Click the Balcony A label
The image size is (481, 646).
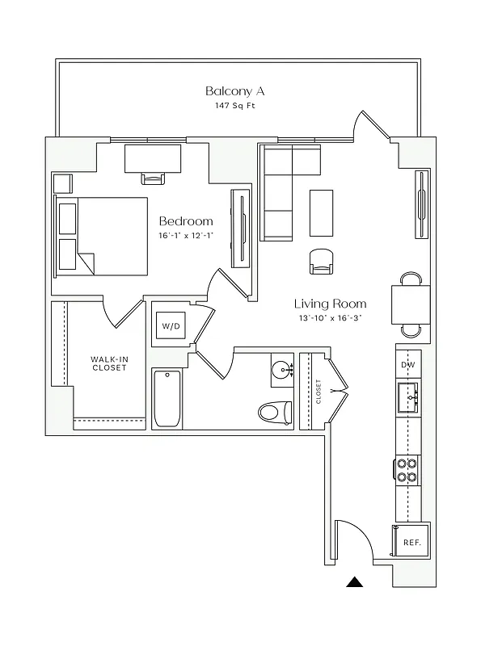[234, 90]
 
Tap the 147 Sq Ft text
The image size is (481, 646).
[234, 106]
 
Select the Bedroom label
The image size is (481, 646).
[186, 221]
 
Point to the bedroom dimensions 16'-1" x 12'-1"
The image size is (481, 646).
[186, 236]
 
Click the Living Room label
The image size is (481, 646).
[330, 304]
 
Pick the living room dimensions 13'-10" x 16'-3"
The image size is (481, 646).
[330, 318]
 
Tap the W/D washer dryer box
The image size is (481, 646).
[171, 326]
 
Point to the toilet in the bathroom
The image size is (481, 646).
[275, 412]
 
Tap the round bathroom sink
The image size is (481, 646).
[282, 371]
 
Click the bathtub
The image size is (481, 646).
[167, 398]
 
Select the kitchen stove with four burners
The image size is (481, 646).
[407, 470]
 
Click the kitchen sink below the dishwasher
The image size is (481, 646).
[409, 397]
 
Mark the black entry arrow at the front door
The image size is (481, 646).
[354, 581]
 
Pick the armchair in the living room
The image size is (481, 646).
[321, 261]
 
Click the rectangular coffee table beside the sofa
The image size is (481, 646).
[321, 212]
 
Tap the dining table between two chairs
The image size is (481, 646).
[411, 304]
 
